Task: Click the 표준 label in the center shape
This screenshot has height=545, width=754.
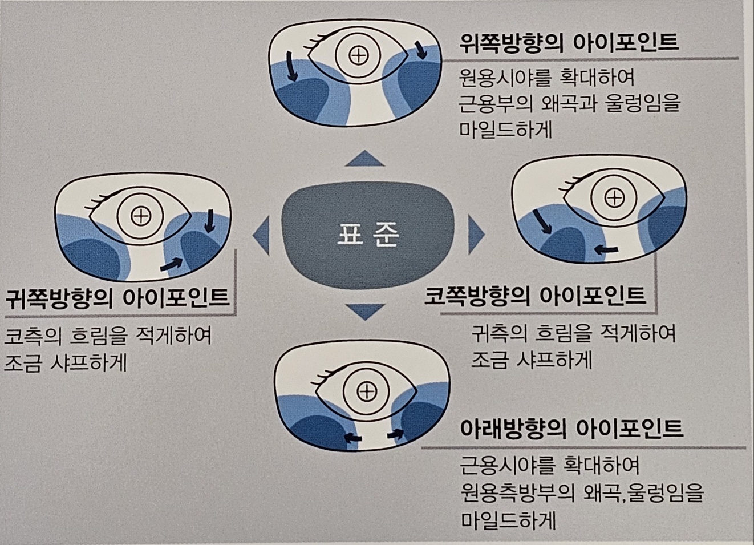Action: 368,234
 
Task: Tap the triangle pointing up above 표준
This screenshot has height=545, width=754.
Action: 364,159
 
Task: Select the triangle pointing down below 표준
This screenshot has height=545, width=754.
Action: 365,312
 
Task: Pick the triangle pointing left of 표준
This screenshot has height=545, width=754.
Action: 262,235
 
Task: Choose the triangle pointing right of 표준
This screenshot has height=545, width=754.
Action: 475,234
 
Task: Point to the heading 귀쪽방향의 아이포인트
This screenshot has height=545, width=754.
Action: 118,298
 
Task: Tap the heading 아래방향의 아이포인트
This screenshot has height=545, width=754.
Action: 571,429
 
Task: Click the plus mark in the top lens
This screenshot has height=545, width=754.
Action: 358,55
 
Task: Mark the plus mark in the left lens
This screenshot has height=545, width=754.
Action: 140,216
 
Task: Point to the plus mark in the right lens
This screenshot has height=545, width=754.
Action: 614,198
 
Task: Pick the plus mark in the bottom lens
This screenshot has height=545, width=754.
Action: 366,391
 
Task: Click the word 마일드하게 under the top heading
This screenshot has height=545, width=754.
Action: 506,130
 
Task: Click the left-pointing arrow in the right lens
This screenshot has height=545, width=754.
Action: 606,249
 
